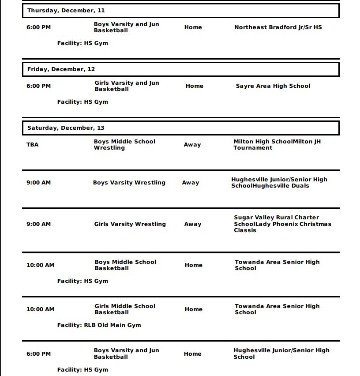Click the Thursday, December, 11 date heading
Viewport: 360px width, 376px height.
pyautogui.click(x=66, y=10)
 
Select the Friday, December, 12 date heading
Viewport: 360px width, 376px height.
pyautogui.click(x=61, y=69)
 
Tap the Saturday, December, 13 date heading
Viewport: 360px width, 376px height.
pyautogui.click(x=66, y=128)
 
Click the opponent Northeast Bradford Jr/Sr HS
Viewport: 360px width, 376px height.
pyautogui.click(x=278, y=27)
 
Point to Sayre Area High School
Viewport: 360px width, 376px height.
pyautogui.click(x=273, y=86)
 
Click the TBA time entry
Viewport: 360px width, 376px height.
pyautogui.click(x=32, y=144)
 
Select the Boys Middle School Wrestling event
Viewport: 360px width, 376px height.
pyautogui.click(x=124, y=145)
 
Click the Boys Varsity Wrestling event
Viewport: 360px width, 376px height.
pyautogui.click(x=129, y=183)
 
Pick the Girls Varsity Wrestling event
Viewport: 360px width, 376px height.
pyautogui.click(x=130, y=224)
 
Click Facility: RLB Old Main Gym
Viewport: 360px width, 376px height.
pyautogui.click(x=99, y=325)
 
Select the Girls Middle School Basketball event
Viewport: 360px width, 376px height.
pyautogui.click(x=125, y=309)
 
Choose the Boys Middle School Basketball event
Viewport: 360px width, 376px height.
pyautogui.click(x=125, y=265)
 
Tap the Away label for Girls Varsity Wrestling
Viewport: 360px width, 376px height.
pyautogui.click(x=192, y=224)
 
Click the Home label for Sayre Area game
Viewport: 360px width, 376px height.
pyautogui.click(x=194, y=86)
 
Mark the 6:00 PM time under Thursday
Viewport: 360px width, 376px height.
pyautogui.click(x=38, y=27)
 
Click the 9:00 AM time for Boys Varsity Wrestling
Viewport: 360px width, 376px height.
pyautogui.click(x=38, y=183)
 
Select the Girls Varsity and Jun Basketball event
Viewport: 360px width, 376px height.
pyautogui.click(x=127, y=86)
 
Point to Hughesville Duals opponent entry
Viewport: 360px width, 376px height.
pyautogui.click(x=279, y=183)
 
